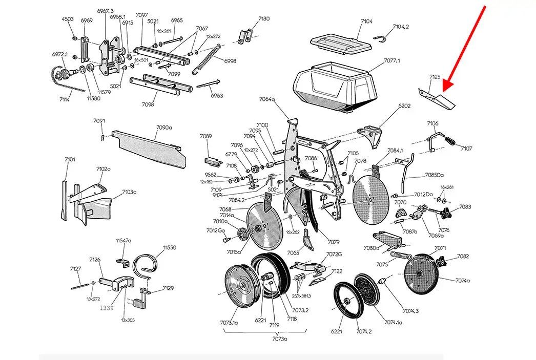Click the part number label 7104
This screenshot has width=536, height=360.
tap(366, 22)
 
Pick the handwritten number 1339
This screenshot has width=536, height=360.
tap(107, 308)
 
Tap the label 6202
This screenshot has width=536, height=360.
tap(405, 106)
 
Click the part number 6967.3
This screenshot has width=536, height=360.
tap(105, 11)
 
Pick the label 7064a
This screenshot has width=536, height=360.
tap(267, 99)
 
